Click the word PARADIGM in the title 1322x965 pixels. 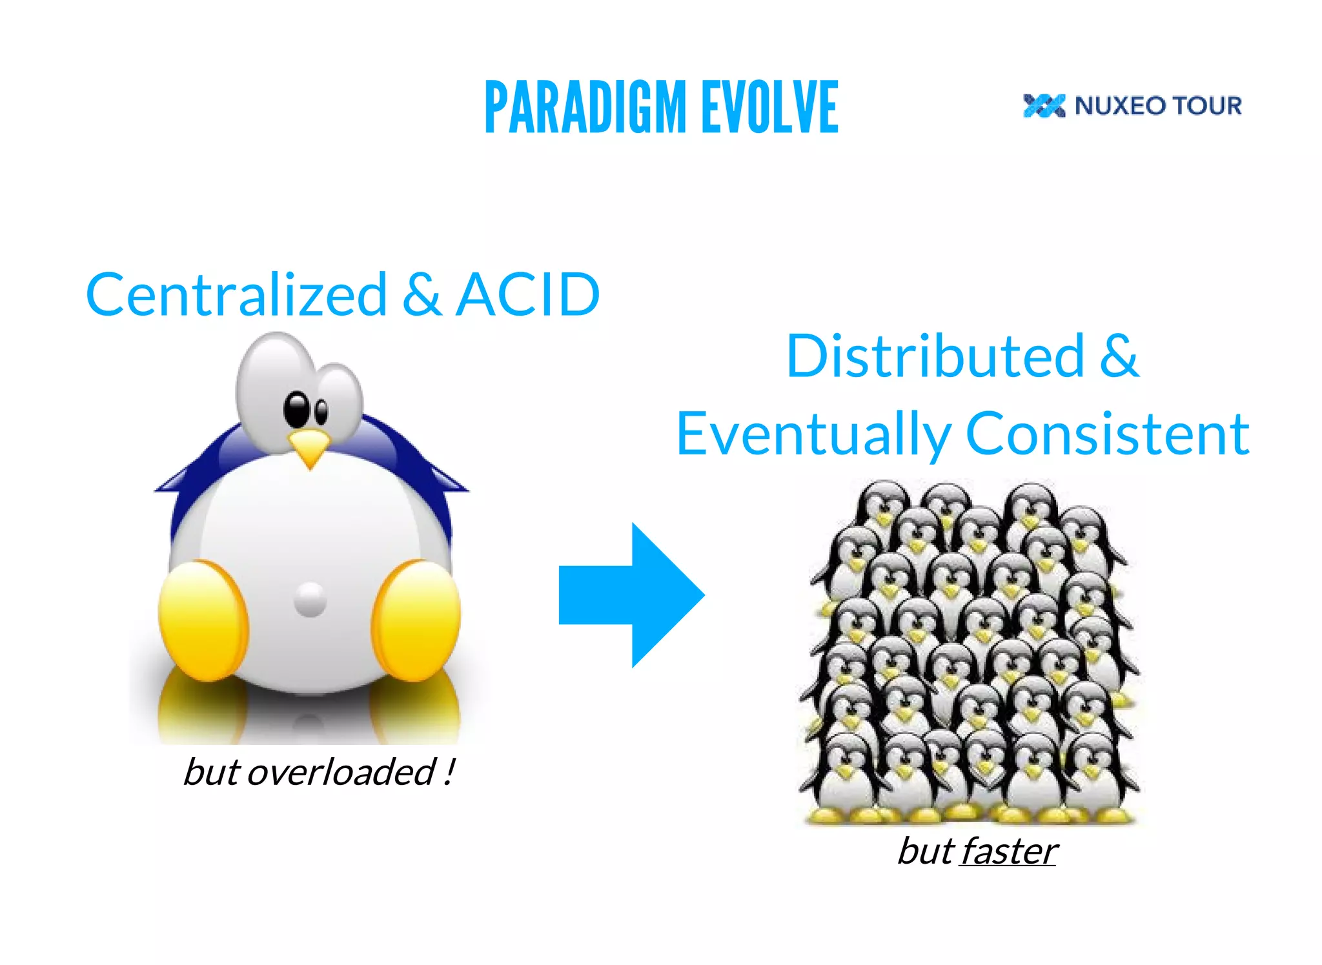[585, 108]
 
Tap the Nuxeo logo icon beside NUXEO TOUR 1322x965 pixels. [1043, 106]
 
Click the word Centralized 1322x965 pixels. [236, 295]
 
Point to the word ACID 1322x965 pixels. [527, 295]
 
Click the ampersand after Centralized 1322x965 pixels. [422, 295]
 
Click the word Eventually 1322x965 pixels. [813, 434]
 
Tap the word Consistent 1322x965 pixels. [1107, 434]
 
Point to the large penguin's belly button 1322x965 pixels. [310, 600]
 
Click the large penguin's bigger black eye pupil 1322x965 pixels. [298, 409]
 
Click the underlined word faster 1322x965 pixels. [1008, 851]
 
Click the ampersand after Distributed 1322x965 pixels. [1119, 356]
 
